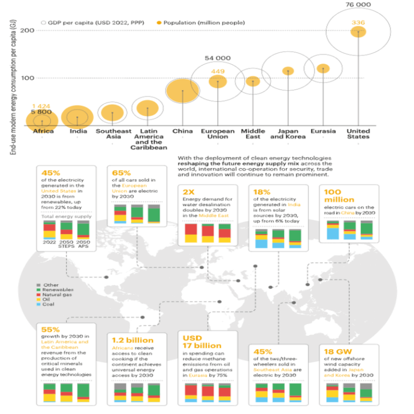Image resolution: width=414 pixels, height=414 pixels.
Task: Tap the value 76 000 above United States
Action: tap(358, 4)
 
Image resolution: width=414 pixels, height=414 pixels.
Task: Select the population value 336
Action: tap(358, 22)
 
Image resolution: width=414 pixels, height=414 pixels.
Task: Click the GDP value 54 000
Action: tap(218, 58)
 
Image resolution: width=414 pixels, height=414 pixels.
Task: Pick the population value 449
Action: tap(218, 71)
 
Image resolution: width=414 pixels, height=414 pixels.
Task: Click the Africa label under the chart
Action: tap(43, 131)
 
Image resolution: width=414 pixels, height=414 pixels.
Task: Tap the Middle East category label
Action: tap(253, 134)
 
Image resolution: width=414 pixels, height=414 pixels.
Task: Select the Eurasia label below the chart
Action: tap(323, 131)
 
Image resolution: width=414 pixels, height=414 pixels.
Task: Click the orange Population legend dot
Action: tap(158, 23)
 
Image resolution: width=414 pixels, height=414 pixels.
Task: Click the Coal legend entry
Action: tap(48, 304)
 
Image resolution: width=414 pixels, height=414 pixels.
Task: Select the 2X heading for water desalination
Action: tap(189, 191)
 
